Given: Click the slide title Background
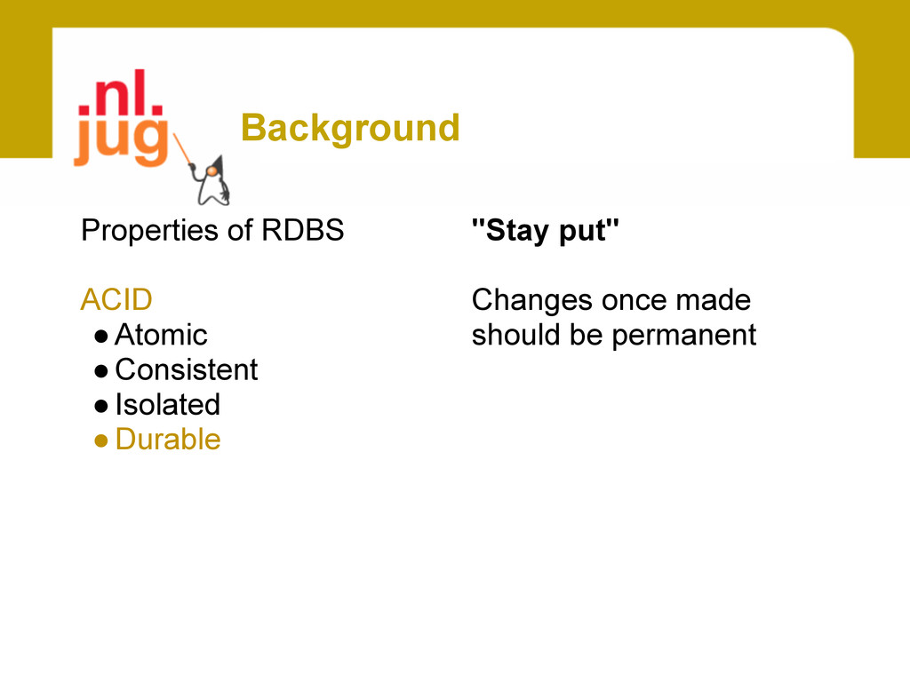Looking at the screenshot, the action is pos(350,129).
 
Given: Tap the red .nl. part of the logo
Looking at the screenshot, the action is pos(120,92).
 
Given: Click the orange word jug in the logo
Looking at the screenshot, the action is pos(121,140).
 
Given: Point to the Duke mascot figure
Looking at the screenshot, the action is pos(212,180).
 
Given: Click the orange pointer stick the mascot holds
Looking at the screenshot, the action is pos(183,149).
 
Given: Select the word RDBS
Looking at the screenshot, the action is pos(302,230).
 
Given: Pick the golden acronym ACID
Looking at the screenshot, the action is pos(116,300).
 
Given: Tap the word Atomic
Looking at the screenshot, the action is pos(161,335).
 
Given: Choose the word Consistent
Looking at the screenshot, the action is pos(187,370).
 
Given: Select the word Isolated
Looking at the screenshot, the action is pos(168,405).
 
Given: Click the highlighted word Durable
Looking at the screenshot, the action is pos(168,440).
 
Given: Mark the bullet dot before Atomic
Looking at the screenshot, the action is pos(101,337).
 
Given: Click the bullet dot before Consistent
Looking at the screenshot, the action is pos(101,371).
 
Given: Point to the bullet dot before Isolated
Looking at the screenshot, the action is pos(101,406).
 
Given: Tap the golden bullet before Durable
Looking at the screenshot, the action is pos(101,440).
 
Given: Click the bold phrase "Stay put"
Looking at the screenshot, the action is pos(545,231).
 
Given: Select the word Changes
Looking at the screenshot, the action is pos(532,301).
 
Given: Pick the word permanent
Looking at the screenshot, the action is pos(684,336).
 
